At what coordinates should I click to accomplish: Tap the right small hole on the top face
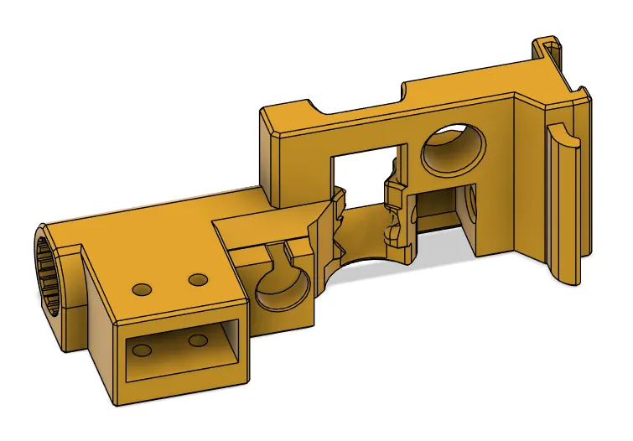[x=198, y=278]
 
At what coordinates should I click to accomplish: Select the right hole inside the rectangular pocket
[x=198, y=340]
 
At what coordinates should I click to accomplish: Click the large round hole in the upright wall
[x=454, y=149]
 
